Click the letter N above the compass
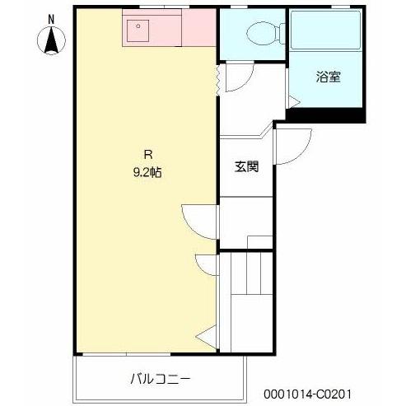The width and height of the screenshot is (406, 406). (x=51, y=19)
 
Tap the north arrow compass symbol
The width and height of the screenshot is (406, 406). (x=51, y=39)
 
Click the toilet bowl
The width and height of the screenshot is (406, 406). (x=259, y=34)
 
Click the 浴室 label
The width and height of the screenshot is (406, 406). (x=328, y=78)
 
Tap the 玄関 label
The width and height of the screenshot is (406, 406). (x=246, y=166)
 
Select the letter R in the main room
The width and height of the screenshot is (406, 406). (x=147, y=153)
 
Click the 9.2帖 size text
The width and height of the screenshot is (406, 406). (x=147, y=173)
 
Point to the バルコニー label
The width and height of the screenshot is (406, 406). (x=161, y=380)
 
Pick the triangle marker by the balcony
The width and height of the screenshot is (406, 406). (x=207, y=335)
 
